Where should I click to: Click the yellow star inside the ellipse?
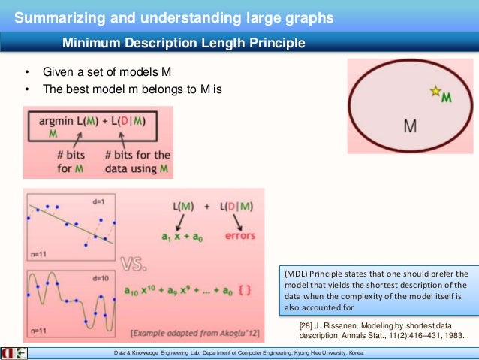[x=434, y=92]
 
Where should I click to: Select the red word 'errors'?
[x=239, y=235]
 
